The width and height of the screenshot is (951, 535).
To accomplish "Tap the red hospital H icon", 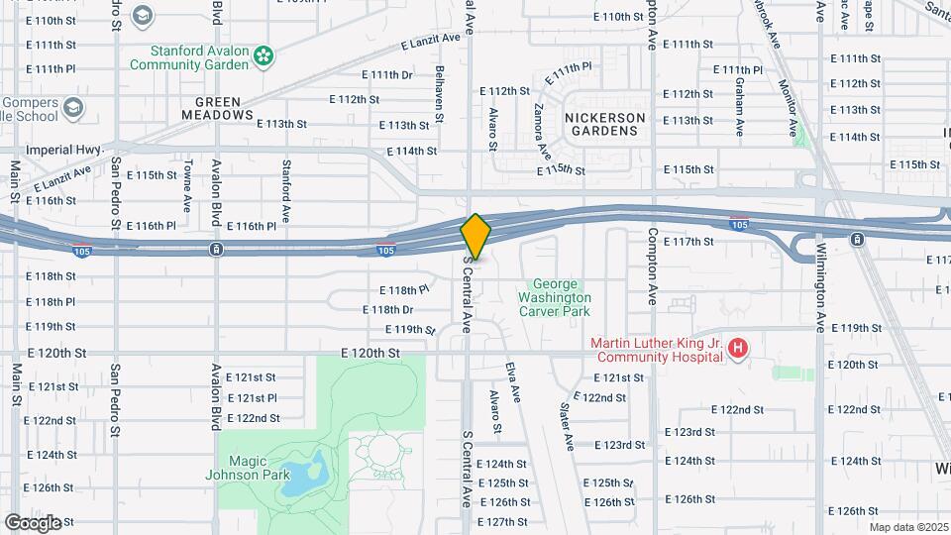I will coord(737,349).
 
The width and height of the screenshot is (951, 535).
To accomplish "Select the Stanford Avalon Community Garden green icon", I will coord(264,57).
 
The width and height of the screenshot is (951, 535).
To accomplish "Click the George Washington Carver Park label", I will coord(554,297).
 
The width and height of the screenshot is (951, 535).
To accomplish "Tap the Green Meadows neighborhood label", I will coord(218,108).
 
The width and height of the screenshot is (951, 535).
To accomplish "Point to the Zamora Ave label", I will coord(542,131).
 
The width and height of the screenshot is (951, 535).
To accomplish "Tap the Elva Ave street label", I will coord(512,380).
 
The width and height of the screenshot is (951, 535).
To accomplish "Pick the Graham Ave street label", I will coord(739,109).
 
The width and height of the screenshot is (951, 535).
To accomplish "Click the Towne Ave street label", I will coord(187,188).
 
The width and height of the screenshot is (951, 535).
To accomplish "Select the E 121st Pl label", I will coord(252,397).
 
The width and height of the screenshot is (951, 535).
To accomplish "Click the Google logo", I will coord(33,522).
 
